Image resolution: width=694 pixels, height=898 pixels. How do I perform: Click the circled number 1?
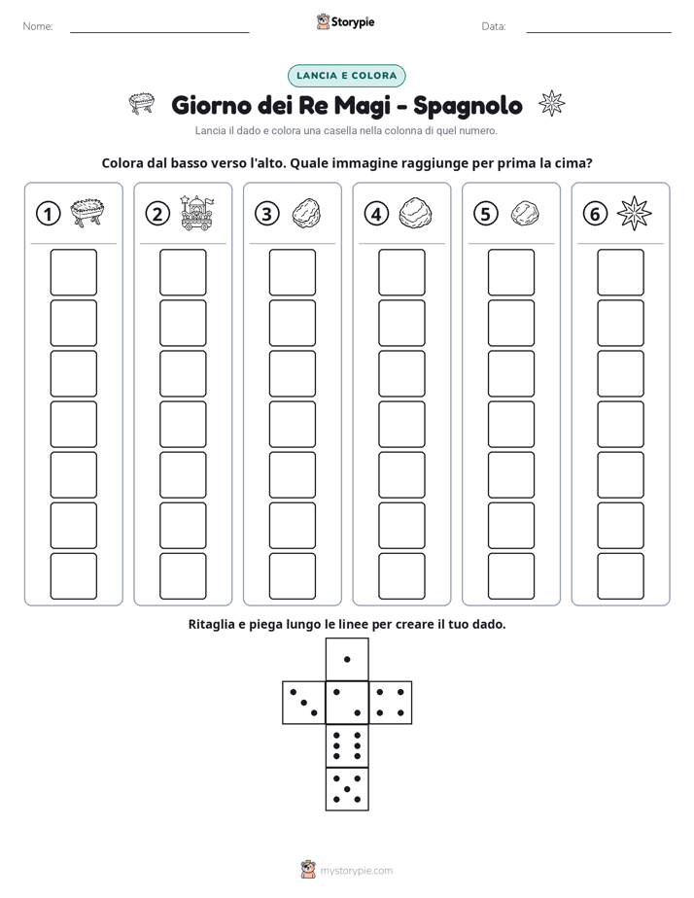tap(48, 214)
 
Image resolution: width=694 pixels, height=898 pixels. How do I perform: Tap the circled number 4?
tap(376, 214)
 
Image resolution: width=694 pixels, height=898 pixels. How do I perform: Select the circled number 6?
tap(595, 214)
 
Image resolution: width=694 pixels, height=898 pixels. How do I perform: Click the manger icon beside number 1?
tap(87, 213)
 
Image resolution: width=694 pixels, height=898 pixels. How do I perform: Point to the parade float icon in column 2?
tap(195, 213)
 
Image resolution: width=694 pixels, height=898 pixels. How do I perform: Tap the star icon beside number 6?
tap(634, 213)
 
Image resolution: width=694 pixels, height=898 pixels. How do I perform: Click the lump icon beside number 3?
tap(306, 214)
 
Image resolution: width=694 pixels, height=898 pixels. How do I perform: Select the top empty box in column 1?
tap(73, 272)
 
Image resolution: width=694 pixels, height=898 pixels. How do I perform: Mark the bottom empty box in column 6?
tap(620, 576)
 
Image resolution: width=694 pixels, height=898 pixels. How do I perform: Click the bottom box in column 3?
tap(292, 576)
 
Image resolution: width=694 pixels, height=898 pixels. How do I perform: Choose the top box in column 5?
tap(510, 272)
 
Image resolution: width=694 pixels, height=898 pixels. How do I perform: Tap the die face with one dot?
tap(347, 659)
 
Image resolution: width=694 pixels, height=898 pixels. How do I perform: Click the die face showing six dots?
tap(347, 745)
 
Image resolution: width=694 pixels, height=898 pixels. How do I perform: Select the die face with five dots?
tap(347, 788)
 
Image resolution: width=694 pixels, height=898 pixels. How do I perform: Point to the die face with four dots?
tap(391, 702)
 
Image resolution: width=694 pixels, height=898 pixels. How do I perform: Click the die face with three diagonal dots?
tap(304, 702)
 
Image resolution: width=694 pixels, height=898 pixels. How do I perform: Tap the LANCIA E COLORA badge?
tap(346, 76)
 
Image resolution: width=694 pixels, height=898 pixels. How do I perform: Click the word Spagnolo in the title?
tap(468, 106)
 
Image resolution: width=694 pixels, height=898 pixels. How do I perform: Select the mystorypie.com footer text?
tap(356, 871)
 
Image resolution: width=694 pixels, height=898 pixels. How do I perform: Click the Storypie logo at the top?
tap(346, 22)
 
